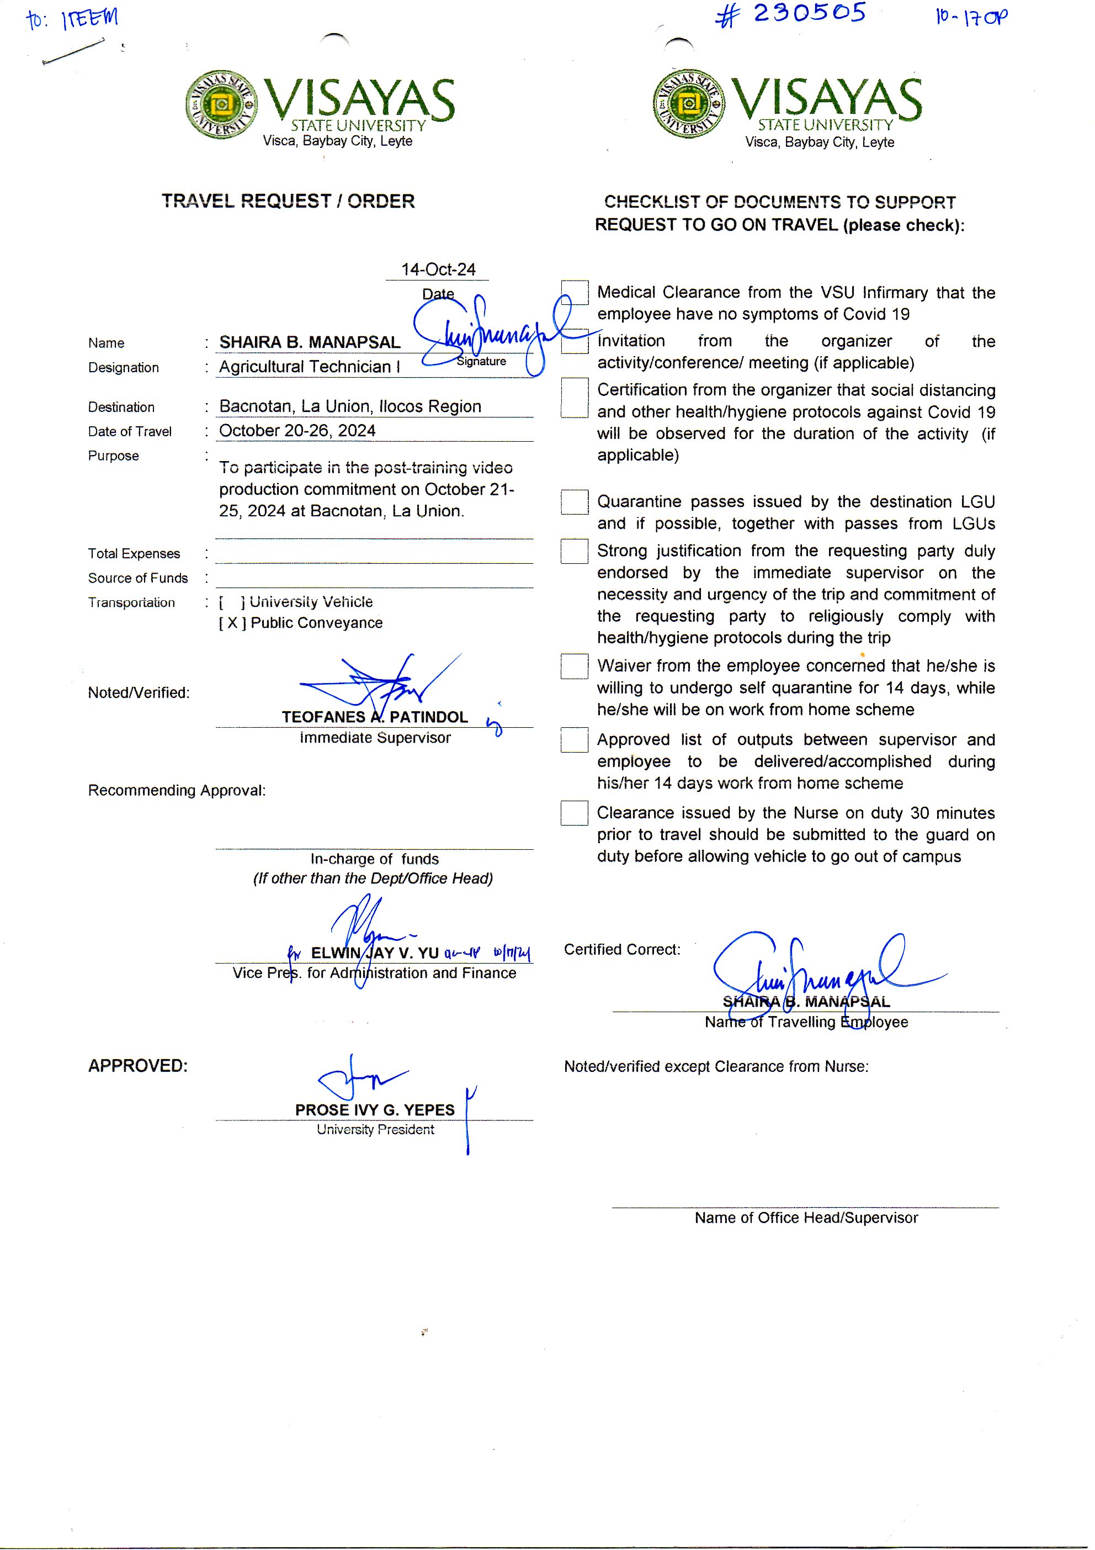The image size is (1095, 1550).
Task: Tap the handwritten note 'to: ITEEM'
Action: coord(72,18)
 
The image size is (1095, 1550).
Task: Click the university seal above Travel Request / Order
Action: coord(221,104)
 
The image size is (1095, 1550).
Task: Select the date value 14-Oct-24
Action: coord(438,269)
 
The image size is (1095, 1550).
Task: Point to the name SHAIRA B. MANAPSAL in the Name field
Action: coord(310,342)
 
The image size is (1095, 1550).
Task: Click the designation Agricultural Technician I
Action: coord(309,367)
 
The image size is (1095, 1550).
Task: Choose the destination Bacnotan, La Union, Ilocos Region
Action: coord(350,406)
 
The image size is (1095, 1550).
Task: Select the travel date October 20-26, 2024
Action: coord(297,431)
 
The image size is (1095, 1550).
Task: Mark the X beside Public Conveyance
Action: coord(232,622)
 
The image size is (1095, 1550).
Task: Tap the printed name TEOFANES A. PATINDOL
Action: coord(374,717)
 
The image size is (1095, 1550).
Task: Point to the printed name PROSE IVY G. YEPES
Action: coord(374,1110)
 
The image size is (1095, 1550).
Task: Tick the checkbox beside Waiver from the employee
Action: coord(574,666)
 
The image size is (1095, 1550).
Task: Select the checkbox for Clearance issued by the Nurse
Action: coord(574,813)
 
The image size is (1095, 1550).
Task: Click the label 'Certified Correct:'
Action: coord(622,949)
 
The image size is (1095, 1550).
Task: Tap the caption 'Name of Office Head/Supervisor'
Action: coord(806,1218)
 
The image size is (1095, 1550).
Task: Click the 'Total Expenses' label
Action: coord(134,553)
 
